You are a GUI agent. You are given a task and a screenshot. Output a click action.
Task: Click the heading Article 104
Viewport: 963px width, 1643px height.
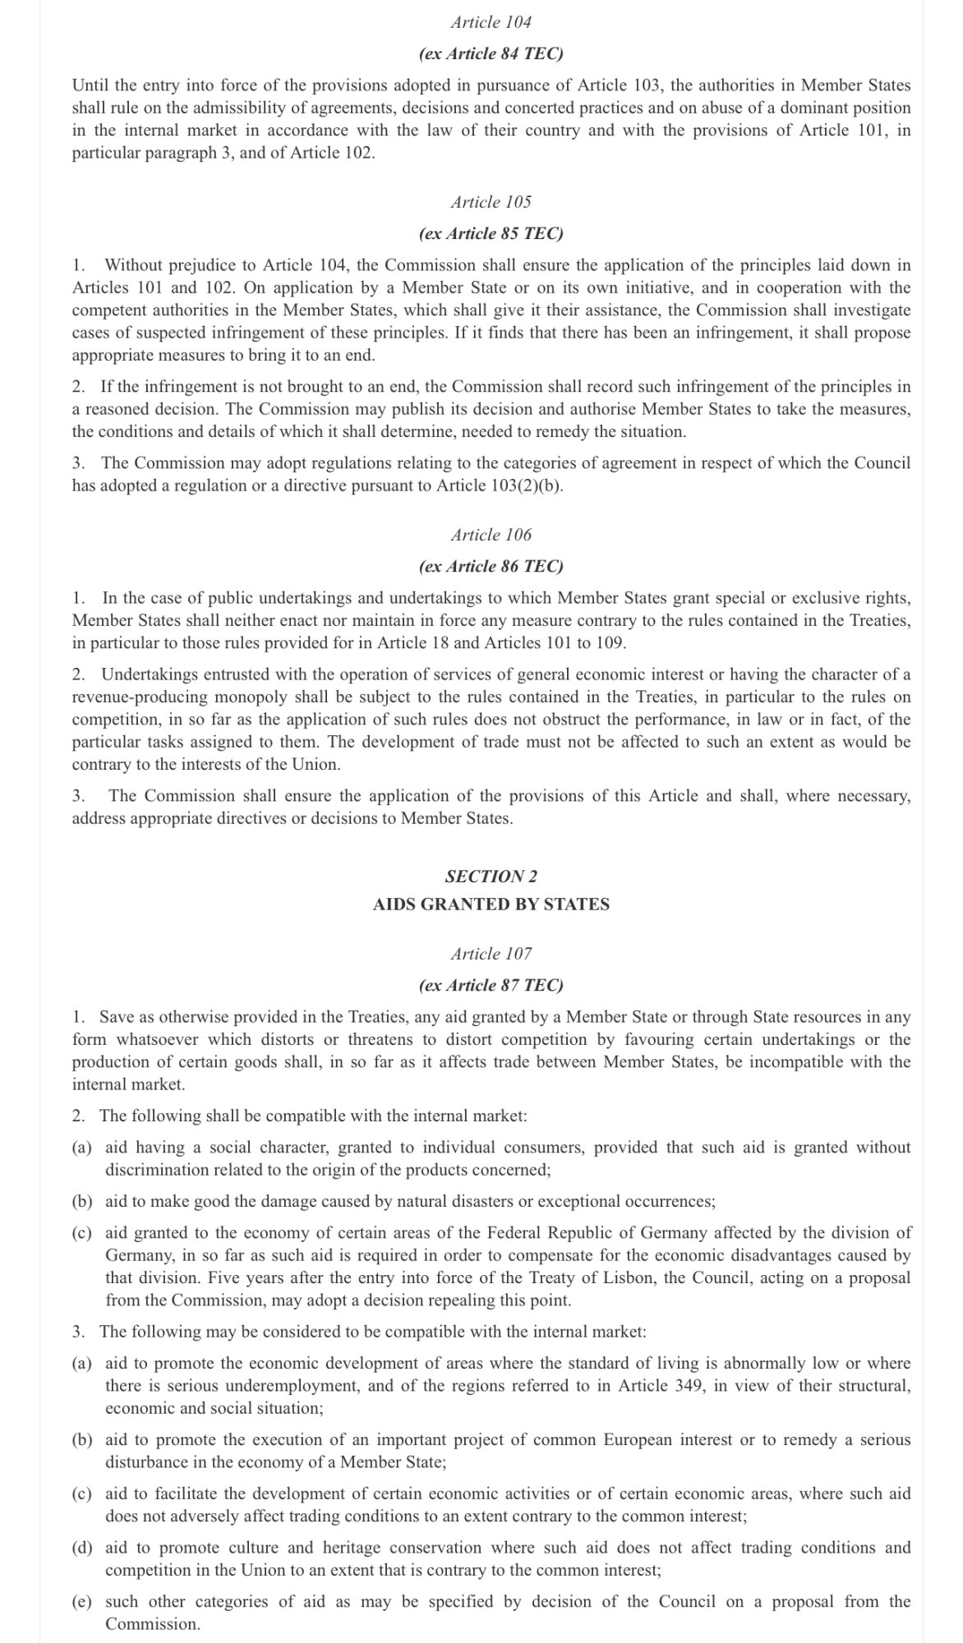pyautogui.click(x=491, y=22)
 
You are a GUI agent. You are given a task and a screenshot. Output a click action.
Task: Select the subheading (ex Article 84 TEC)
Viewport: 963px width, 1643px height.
pyautogui.click(x=491, y=54)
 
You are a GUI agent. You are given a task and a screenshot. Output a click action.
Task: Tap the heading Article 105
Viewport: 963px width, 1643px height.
pyautogui.click(x=491, y=202)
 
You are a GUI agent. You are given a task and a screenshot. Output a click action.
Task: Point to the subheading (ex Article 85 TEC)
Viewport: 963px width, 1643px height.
pyautogui.click(x=491, y=234)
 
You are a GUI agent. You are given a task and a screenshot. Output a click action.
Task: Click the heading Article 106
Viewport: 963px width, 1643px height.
pyautogui.click(x=491, y=535)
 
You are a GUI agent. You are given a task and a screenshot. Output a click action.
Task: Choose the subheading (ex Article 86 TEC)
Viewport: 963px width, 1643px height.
pyautogui.click(x=491, y=567)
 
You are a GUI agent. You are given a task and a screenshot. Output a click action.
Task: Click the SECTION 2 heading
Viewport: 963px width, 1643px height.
pyautogui.click(x=491, y=877)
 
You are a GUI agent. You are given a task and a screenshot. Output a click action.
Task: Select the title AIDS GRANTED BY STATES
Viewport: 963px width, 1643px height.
pyautogui.click(x=491, y=904)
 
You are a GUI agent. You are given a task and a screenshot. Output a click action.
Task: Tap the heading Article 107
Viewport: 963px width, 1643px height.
pyautogui.click(x=491, y=954)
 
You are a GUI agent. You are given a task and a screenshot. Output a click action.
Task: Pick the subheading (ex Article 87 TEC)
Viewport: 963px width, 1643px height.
pyautogui.click(x=491, y=986)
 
